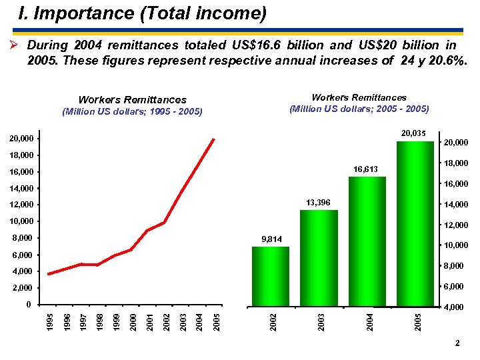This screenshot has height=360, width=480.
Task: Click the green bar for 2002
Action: [270, 276]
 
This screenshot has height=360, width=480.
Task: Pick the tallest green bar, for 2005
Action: [415, 223]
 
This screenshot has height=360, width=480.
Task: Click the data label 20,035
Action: [413, 133]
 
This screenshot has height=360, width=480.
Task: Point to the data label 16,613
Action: [365, 169]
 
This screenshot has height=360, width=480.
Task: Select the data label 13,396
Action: [317, 202]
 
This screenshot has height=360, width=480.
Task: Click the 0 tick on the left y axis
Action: [29, 305]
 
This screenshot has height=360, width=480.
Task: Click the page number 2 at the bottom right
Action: [457, 343]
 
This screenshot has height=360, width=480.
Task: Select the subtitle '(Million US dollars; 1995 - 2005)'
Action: [132, 111]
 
